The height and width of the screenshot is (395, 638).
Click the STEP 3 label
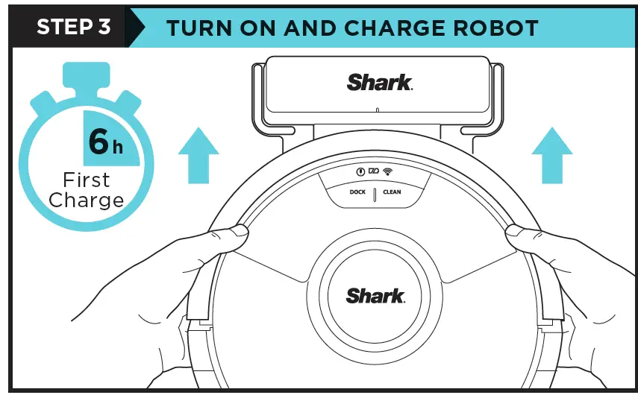(74, 27)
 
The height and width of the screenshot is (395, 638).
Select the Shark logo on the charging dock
(379, 82)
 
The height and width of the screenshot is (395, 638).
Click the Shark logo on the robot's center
(375, 294)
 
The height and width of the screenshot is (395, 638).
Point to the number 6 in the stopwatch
(98, 142)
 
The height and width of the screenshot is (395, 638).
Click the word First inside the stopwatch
(86, 180)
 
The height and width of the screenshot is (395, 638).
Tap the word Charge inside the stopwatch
(86, 200)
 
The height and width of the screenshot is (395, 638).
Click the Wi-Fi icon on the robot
(387, 171)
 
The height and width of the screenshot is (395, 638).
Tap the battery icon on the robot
(373, 171)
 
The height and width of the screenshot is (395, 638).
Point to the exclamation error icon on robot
(359, 171)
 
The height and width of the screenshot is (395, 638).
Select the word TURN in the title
(195, 28)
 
